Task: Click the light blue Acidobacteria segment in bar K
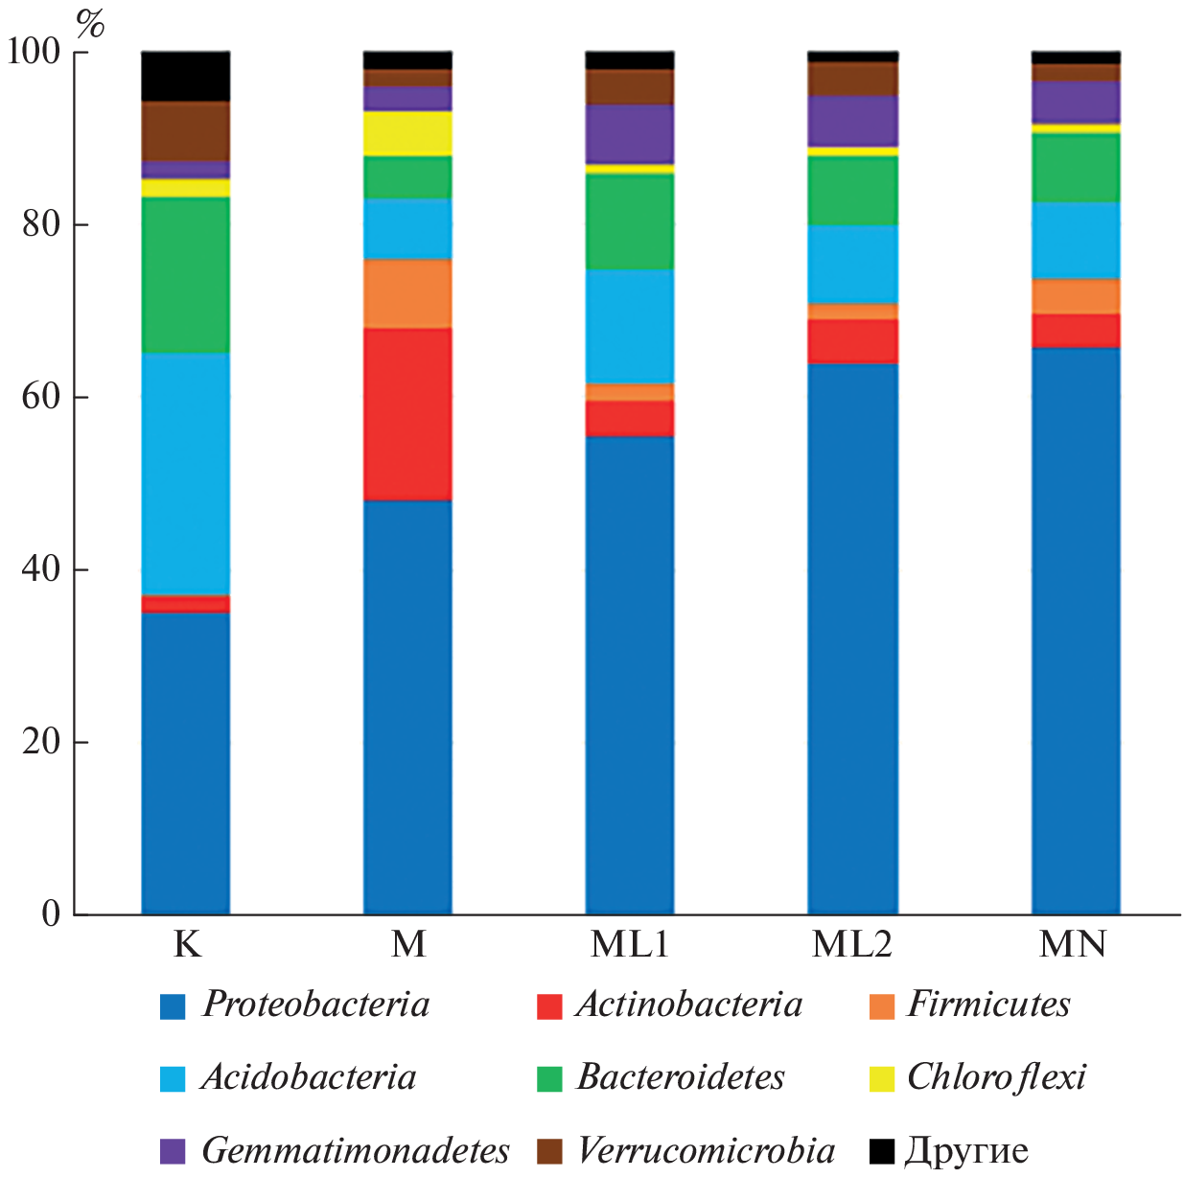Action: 185,474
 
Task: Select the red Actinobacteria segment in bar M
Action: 407,414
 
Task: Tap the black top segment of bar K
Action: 185,76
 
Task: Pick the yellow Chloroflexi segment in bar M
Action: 407,133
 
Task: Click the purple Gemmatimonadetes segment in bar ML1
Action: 630,134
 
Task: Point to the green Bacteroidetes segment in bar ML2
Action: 852,190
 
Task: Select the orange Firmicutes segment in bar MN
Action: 1076,296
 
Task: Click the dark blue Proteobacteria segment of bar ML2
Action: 852,637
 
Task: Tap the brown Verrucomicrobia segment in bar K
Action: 185,130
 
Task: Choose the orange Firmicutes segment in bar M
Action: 407,293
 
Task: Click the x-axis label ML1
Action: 630,944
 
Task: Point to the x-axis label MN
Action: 1074,944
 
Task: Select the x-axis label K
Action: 187,944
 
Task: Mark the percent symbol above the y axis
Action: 90,24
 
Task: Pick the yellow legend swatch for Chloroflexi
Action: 881,1078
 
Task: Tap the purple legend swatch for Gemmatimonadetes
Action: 173,1151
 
